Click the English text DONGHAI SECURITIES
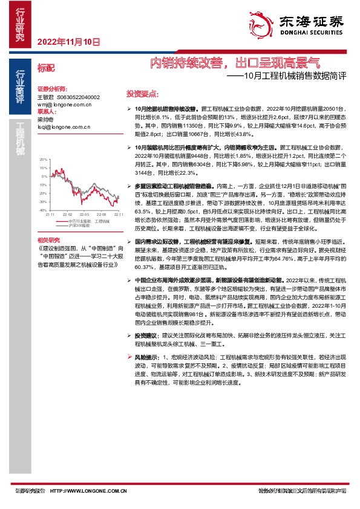[x=310, y=35]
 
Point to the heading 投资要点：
[x=142, y=94]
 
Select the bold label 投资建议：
[x=146, y=334]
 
